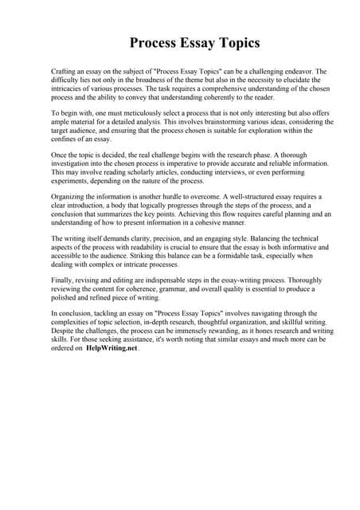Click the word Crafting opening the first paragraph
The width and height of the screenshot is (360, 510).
(x=65, y=72)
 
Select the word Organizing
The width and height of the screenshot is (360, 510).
(x=69, y=197)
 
